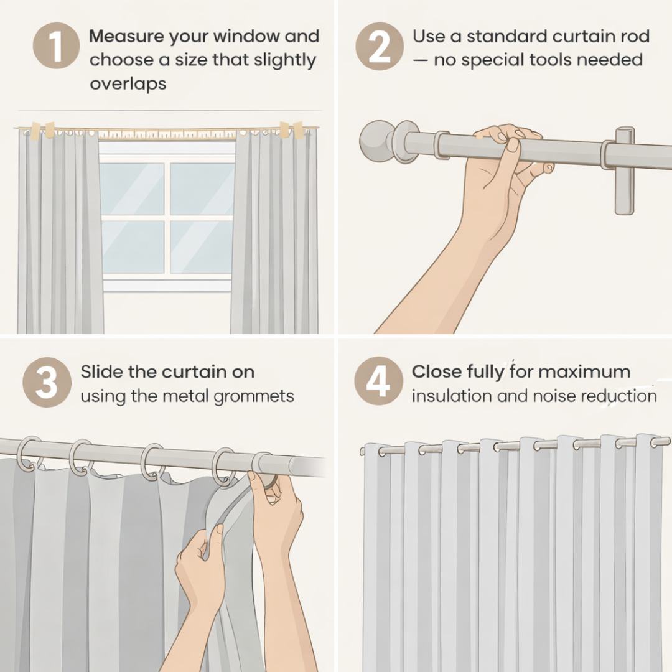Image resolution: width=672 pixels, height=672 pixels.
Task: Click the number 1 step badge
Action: click(56, 47)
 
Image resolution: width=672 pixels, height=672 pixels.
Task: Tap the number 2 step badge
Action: click(379, 47)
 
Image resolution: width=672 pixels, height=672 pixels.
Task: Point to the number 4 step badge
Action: click(378, 381)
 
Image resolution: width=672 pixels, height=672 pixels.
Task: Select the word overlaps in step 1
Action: click(128, 84)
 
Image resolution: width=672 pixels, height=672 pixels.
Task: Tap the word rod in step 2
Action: click(635, 36)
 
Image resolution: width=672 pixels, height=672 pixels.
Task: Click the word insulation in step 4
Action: click(452, 396)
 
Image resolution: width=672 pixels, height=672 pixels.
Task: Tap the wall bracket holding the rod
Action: click(624, 170)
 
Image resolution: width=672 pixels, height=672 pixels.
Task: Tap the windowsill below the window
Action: click(167, 286)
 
